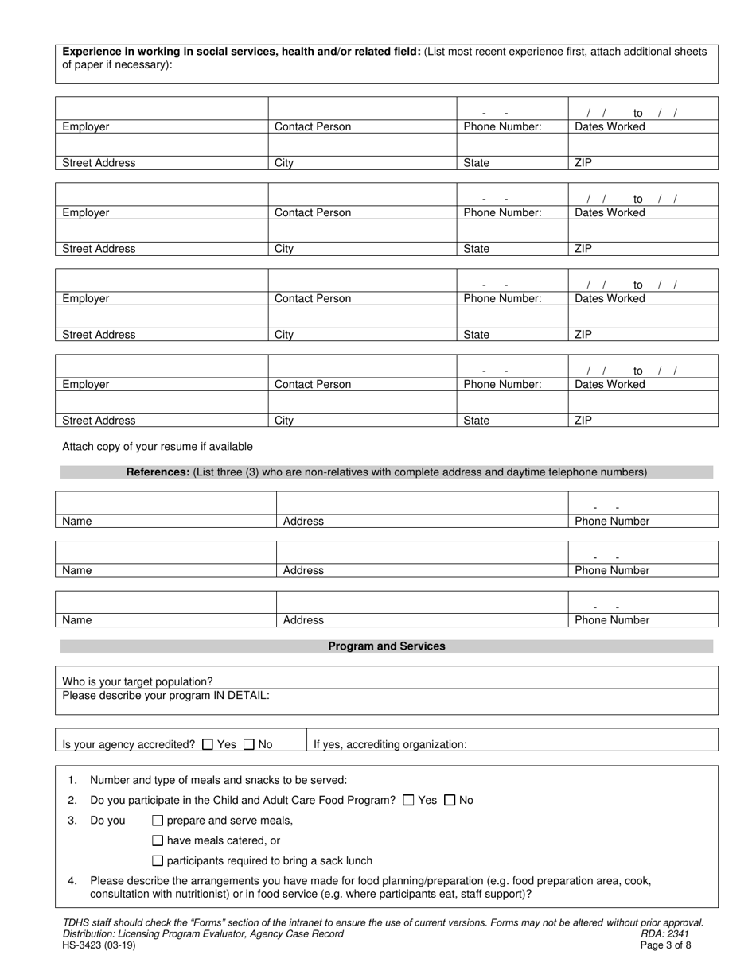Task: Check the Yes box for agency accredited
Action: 208,745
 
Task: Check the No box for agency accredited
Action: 249,745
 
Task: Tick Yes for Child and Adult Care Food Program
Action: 409,801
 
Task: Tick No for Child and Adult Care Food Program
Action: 450,801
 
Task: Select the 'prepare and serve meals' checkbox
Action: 158,821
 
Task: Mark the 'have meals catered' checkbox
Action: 158,840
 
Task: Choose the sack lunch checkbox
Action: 158,860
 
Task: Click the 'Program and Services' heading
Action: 387,646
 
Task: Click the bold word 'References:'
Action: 158,472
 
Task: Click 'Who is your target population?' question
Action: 138,681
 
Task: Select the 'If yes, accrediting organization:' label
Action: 390,745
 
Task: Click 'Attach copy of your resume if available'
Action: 158,447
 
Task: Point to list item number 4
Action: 72,881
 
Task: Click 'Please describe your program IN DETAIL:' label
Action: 166,695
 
